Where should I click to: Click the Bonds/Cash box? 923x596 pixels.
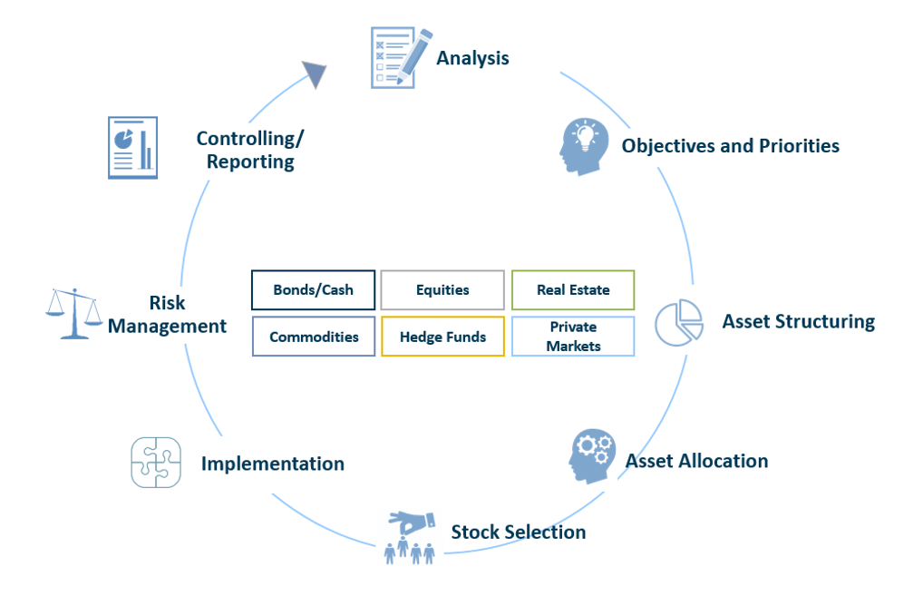313,290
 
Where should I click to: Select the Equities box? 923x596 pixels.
442,290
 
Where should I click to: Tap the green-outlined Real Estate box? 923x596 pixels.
573,290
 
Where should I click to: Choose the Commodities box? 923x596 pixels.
314,337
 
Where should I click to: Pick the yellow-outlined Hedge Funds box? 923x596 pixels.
442,337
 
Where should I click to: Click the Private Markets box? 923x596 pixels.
573,337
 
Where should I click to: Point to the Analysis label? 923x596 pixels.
472,58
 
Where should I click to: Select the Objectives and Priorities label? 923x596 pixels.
730,146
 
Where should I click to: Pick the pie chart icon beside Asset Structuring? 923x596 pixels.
679,323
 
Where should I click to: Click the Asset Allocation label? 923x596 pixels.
696,461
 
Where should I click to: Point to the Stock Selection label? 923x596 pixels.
518,532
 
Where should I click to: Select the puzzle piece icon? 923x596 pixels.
156,463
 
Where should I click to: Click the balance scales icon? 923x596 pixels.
73,313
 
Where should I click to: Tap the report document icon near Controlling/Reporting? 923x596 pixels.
132,147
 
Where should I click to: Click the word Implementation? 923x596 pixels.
272,464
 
